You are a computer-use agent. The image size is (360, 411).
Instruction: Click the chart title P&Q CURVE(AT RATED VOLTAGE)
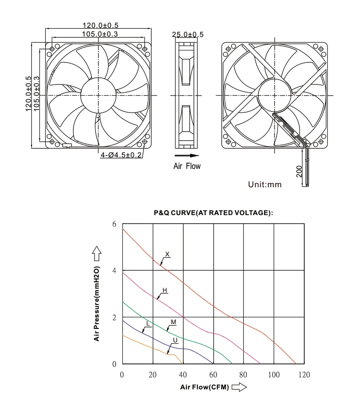click(213, 213)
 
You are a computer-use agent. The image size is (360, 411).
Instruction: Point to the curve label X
click(167, 254)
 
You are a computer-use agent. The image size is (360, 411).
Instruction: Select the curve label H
click(164, 290)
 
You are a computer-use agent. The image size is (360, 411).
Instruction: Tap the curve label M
click(173, 321)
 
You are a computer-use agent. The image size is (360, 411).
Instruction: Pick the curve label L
click(148, 325)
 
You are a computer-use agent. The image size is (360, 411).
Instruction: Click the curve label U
click(175, 340)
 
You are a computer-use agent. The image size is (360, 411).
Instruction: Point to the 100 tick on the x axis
click(275, 375)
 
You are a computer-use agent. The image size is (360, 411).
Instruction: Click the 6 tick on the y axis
click(114, 224)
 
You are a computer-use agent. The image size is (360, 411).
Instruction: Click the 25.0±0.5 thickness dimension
click(188, 35)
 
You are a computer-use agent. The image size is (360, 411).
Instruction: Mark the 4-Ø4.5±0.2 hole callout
click(121, 155)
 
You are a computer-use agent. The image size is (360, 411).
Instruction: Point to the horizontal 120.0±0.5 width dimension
click(99, 25)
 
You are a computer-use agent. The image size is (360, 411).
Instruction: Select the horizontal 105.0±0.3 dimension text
click(99, 34)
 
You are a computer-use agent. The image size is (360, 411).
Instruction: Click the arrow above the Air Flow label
click(187, 156)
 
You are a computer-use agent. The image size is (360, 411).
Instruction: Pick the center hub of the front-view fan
click(99, 95)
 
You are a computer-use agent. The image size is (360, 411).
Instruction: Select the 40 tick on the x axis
click(183, 375)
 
